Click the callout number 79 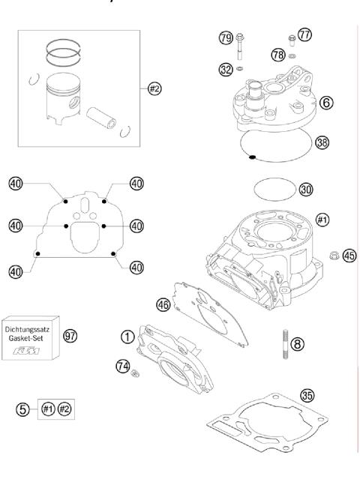224,38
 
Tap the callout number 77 304,34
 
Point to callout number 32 224,67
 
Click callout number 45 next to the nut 349,256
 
